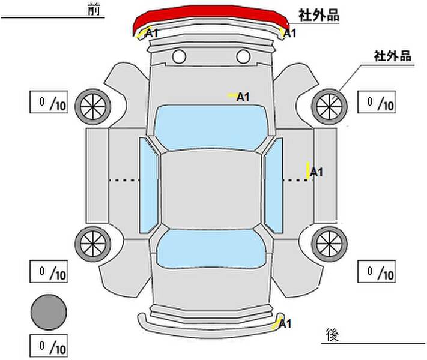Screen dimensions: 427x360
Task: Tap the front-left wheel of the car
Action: [x=93, y=106]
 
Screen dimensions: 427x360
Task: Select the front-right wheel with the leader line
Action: [x=329, y=106]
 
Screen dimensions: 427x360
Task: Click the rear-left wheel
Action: [x=93, y=244]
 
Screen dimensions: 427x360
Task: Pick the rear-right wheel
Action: [x=329, y=244]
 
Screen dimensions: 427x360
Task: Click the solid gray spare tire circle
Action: [x=49, y=312]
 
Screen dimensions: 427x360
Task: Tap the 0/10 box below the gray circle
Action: [x=49, y=346]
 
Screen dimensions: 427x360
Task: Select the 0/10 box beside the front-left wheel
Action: [x=49, y=102]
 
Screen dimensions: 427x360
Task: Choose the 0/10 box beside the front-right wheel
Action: [x=377, y=102]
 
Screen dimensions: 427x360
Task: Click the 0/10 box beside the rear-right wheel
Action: [x=377, y=271]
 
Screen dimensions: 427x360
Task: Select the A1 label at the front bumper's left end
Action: [x=151, y=33]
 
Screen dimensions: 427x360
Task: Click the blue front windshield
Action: [x=210, y=127]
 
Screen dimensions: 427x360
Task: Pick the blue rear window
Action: [x=211, y=248]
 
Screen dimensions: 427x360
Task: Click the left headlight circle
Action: [x=179, y=56]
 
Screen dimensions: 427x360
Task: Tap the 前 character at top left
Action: [x=94, y=10]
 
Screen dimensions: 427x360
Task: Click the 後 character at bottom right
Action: [x=332, y=335]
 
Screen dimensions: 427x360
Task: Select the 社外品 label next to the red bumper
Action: [x=319, y=15]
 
